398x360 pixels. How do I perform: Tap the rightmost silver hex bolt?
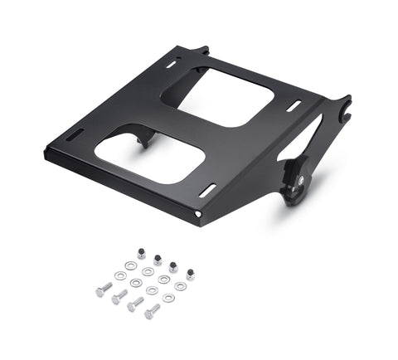tap(153, 311)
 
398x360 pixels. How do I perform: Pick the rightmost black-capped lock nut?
tap(190, 274)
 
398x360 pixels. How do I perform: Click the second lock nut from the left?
tap(158, 260)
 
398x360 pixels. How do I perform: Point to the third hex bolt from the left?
tap(135, 304)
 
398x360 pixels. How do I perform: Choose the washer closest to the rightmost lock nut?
tap(180, 286)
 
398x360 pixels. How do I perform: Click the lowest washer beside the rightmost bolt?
tap(168, 298)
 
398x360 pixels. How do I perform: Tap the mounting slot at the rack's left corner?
tap(75, 134)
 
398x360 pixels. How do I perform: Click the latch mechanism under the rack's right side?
tap(296, 182)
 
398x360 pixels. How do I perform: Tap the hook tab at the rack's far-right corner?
tap(342, 106)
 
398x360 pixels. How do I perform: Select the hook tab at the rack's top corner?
tap(201, 51)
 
